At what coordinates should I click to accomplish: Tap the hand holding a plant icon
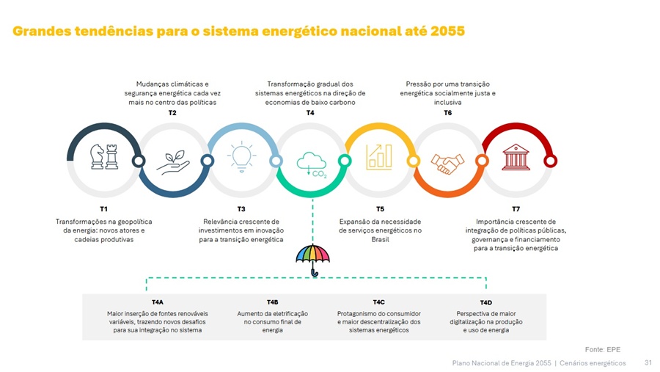tap(172, 161)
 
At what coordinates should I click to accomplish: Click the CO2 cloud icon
tap(312, 164)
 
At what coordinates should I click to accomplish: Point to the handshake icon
tap(447, 162)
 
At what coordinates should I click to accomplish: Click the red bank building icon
tap(516, 157)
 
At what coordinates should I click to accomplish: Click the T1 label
tap(104, 210)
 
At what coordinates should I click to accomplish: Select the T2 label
tap(172, 113)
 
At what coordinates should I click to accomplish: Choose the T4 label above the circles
tap(310, 113)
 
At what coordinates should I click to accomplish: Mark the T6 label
tap(447, 113)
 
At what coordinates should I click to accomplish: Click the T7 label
tap(516, 210)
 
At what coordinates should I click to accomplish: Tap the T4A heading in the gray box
tap(158, 302)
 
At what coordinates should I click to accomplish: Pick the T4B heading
tap(273, 302)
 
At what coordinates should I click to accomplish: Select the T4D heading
tap(485, 302)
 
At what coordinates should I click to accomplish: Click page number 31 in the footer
tap(648, 362)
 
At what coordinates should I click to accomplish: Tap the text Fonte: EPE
tap(603, 349)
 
